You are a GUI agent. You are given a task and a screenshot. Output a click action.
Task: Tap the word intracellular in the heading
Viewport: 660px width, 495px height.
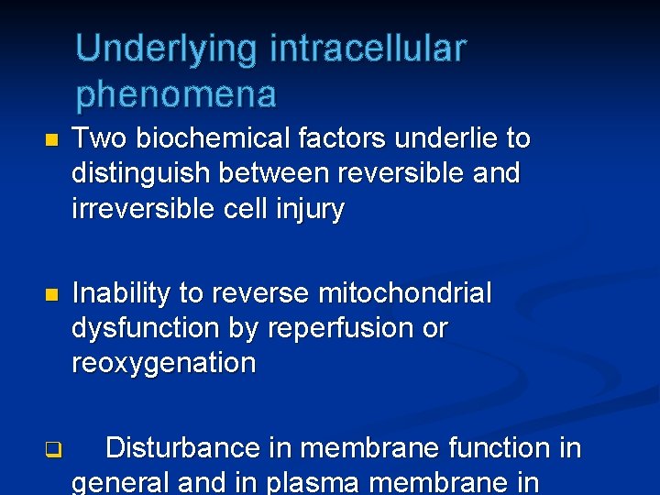(368, 49)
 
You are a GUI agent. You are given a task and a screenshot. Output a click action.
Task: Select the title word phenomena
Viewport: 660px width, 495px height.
(176, 94)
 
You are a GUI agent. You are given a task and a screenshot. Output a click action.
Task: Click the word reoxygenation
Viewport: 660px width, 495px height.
(164, 364)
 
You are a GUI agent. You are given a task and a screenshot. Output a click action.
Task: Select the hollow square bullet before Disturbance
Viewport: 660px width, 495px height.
(52, 450)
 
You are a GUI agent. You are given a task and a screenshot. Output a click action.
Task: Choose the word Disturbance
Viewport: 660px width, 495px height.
(183, 448)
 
